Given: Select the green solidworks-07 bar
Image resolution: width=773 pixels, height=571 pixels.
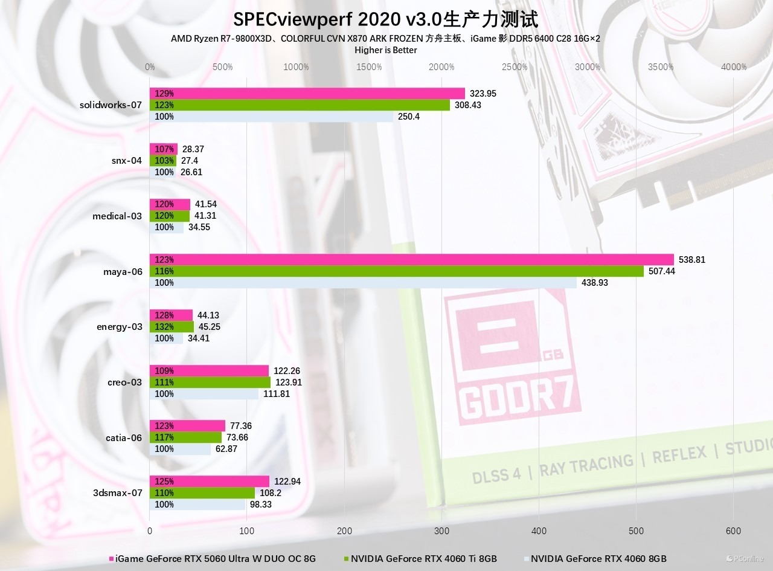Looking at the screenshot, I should [x=300, y=105].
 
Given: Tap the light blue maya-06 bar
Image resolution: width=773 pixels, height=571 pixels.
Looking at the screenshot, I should [x=362, y=283].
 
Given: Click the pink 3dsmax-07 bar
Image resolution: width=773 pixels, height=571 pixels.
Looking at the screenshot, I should [x=209, y=482].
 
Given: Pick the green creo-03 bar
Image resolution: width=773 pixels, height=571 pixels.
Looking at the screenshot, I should [x=210, y=382].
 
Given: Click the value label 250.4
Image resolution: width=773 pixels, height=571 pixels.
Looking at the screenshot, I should [x=408, y=117].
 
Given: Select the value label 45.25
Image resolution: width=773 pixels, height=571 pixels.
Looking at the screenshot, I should [x=208, y=327].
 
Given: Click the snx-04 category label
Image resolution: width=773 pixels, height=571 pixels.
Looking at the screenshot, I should [x=127, y=161].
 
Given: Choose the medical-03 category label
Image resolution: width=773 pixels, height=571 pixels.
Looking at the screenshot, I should [x=117, y=216].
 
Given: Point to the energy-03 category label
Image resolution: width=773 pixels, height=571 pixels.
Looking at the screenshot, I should [x=120, y=327].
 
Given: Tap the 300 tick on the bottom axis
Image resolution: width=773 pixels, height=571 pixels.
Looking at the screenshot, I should [x=441, y=531].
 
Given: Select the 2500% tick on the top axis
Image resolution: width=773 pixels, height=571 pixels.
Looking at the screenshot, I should [x=515, y=67].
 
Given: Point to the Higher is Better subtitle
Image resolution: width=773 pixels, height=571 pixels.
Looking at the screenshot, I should [x=385, y=50].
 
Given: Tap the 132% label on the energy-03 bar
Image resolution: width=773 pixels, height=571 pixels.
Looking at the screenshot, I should [x=164, y=327].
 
